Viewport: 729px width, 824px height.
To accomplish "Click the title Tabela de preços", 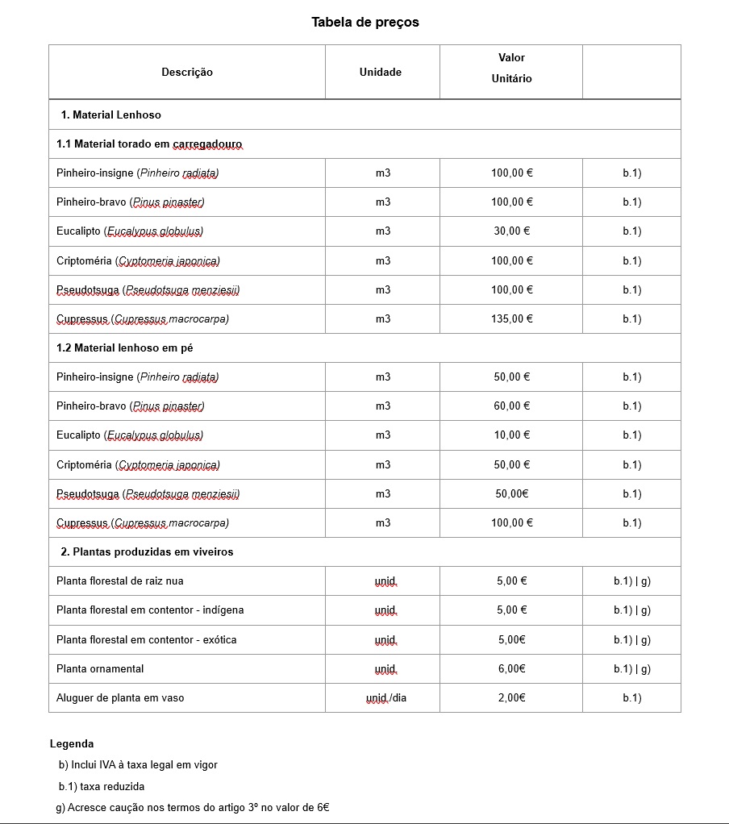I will click(365, 23).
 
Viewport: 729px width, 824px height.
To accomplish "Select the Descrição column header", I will click(187, 73).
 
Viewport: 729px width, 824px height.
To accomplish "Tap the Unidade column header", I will click(381, 73).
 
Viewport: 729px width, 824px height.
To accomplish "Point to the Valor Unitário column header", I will click(511, 69).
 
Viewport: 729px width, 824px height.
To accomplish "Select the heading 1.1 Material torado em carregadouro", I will click(149, 144).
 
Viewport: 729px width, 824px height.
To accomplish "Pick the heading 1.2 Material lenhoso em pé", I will click(124, 348).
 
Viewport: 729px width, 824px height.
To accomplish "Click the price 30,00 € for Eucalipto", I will click(511, 231).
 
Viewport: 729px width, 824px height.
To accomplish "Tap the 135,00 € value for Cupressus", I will click(511, 319).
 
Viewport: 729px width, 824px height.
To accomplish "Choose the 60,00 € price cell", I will click(511, 406).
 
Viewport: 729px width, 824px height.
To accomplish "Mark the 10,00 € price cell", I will click(511, 435).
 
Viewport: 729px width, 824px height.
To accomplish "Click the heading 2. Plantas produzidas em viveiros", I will click(147, 552).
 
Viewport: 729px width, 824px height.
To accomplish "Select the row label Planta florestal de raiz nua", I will click(120, 581).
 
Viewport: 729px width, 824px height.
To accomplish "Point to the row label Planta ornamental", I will click(100, 669).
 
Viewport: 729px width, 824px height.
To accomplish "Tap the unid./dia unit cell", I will click(386, 698).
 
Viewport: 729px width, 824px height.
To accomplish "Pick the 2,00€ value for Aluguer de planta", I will click(511, 698).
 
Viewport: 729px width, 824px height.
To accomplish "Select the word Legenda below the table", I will click(72, 744).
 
